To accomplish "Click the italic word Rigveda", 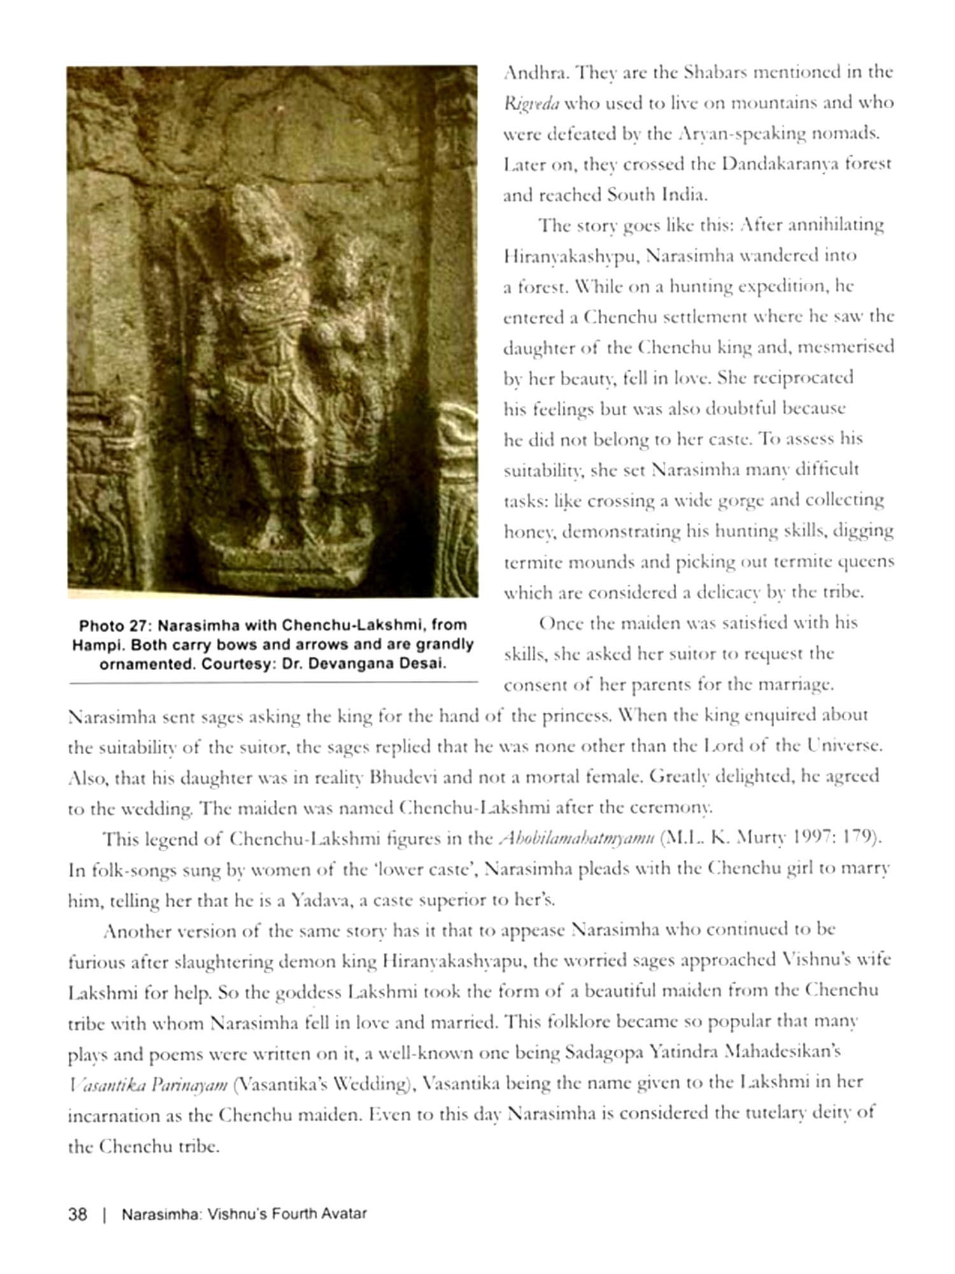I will pyautogui.click(x=522, y=103).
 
